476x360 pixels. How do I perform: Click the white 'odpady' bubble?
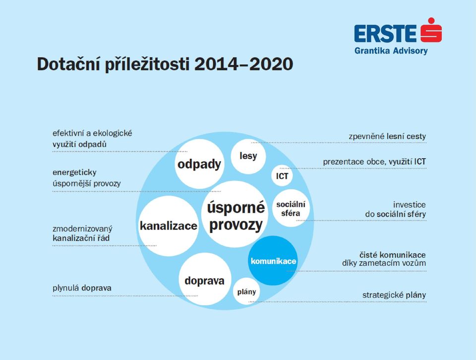199,164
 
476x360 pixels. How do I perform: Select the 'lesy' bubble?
248,156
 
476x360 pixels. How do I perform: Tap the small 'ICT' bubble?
282,176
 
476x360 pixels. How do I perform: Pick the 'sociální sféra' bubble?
291,208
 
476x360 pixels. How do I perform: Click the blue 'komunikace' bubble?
273,260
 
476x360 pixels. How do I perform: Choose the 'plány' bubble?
246,292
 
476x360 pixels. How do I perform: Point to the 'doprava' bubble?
205,280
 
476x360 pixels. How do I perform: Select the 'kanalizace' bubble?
169,226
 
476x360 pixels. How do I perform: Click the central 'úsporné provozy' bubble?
235,214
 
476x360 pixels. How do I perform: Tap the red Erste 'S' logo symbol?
431,30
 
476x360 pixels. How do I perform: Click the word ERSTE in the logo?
385,33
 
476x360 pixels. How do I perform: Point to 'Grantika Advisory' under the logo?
391,51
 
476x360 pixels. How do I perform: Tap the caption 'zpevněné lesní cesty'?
387,136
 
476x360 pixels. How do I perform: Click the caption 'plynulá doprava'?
82,288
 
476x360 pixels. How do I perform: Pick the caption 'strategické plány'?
394,295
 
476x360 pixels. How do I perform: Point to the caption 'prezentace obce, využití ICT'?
374,162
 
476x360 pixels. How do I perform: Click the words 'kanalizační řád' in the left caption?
81,238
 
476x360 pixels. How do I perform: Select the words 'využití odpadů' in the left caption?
79,144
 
